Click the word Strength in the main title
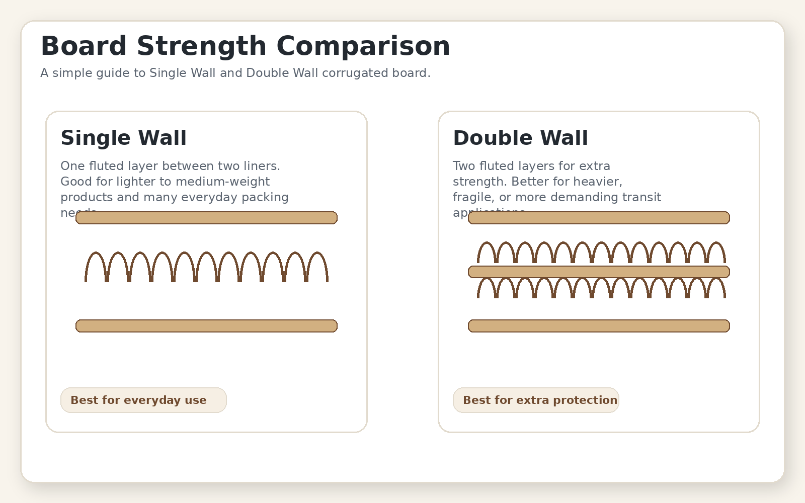pos(201,46)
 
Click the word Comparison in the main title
pos(363,46)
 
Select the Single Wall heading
pos(123,138)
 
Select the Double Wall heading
pos(520,138)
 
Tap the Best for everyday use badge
pos(143,400)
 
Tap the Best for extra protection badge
pos(536,400)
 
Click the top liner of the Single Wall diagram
pos(206,218)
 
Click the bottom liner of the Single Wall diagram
pos(206,326)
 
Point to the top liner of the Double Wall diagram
pos(599,218)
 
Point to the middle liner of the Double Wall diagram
pos(599,272)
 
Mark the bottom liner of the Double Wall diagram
pos(599,326)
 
